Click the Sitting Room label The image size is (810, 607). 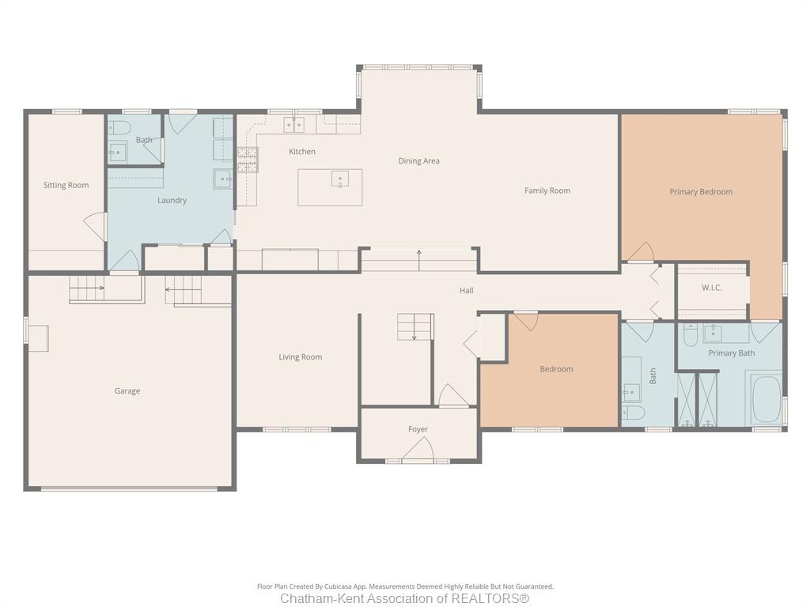click(66, 185)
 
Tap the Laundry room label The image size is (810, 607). click(172, 200)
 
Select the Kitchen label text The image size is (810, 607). click(302, 152)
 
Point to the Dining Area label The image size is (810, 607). click(419, 161)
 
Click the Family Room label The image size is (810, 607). click(547, 191)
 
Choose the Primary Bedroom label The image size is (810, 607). click(701, 192)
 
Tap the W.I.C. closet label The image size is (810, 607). click(712, 288)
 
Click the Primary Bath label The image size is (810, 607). click(732, 353)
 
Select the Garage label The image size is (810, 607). click(127, 391)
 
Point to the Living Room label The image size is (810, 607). click(300, 357)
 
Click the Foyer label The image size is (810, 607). click(418, 429)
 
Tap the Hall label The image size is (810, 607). click(467, 291)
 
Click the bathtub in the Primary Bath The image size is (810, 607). click(766, 399)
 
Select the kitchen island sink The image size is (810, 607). click(340, 179)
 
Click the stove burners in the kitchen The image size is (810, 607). click(248, 160)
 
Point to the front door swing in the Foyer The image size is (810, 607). click(418, 448)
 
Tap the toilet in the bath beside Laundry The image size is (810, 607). click(117, 127)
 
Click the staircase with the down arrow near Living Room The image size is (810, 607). click(414, 326)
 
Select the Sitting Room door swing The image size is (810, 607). click(96, 227)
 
